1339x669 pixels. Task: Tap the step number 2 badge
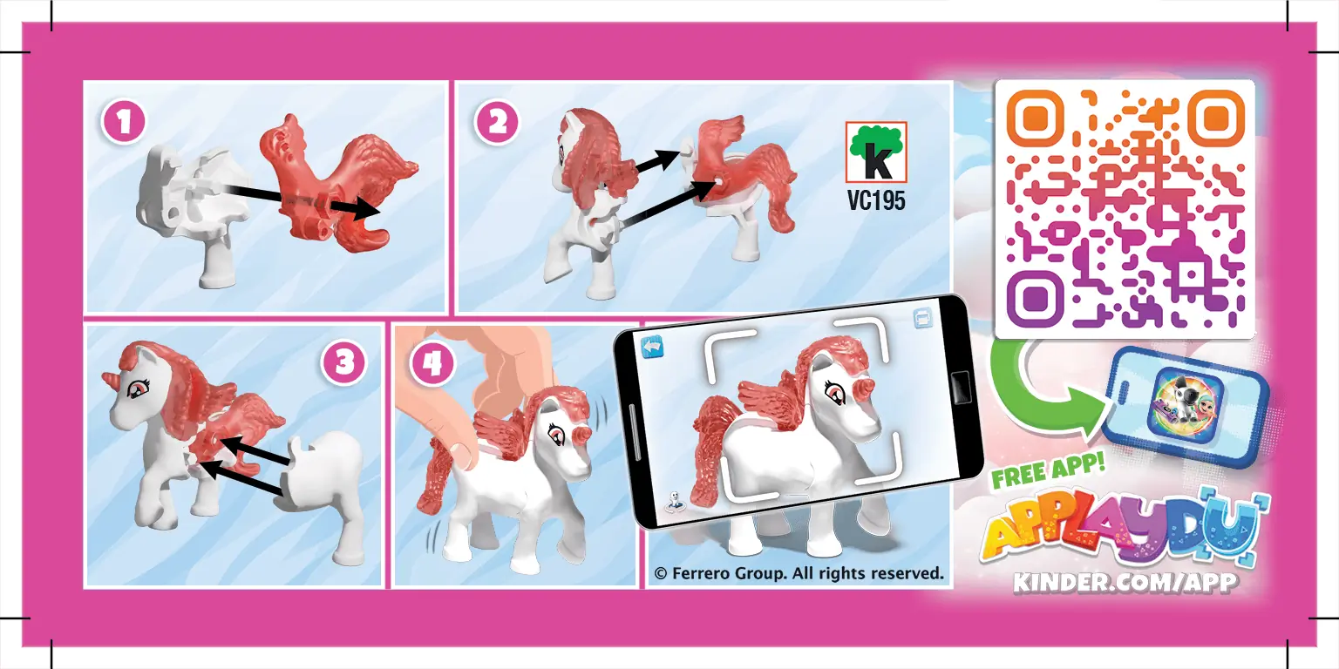(497, 122)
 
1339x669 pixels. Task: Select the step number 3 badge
(344, 362)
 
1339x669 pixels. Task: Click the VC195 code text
(876, 200)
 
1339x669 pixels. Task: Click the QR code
(1125, 209)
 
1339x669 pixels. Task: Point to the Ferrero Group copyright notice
(799, 573)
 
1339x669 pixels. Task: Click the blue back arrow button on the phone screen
(653, 348)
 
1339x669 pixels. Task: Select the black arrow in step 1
(296, 199)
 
